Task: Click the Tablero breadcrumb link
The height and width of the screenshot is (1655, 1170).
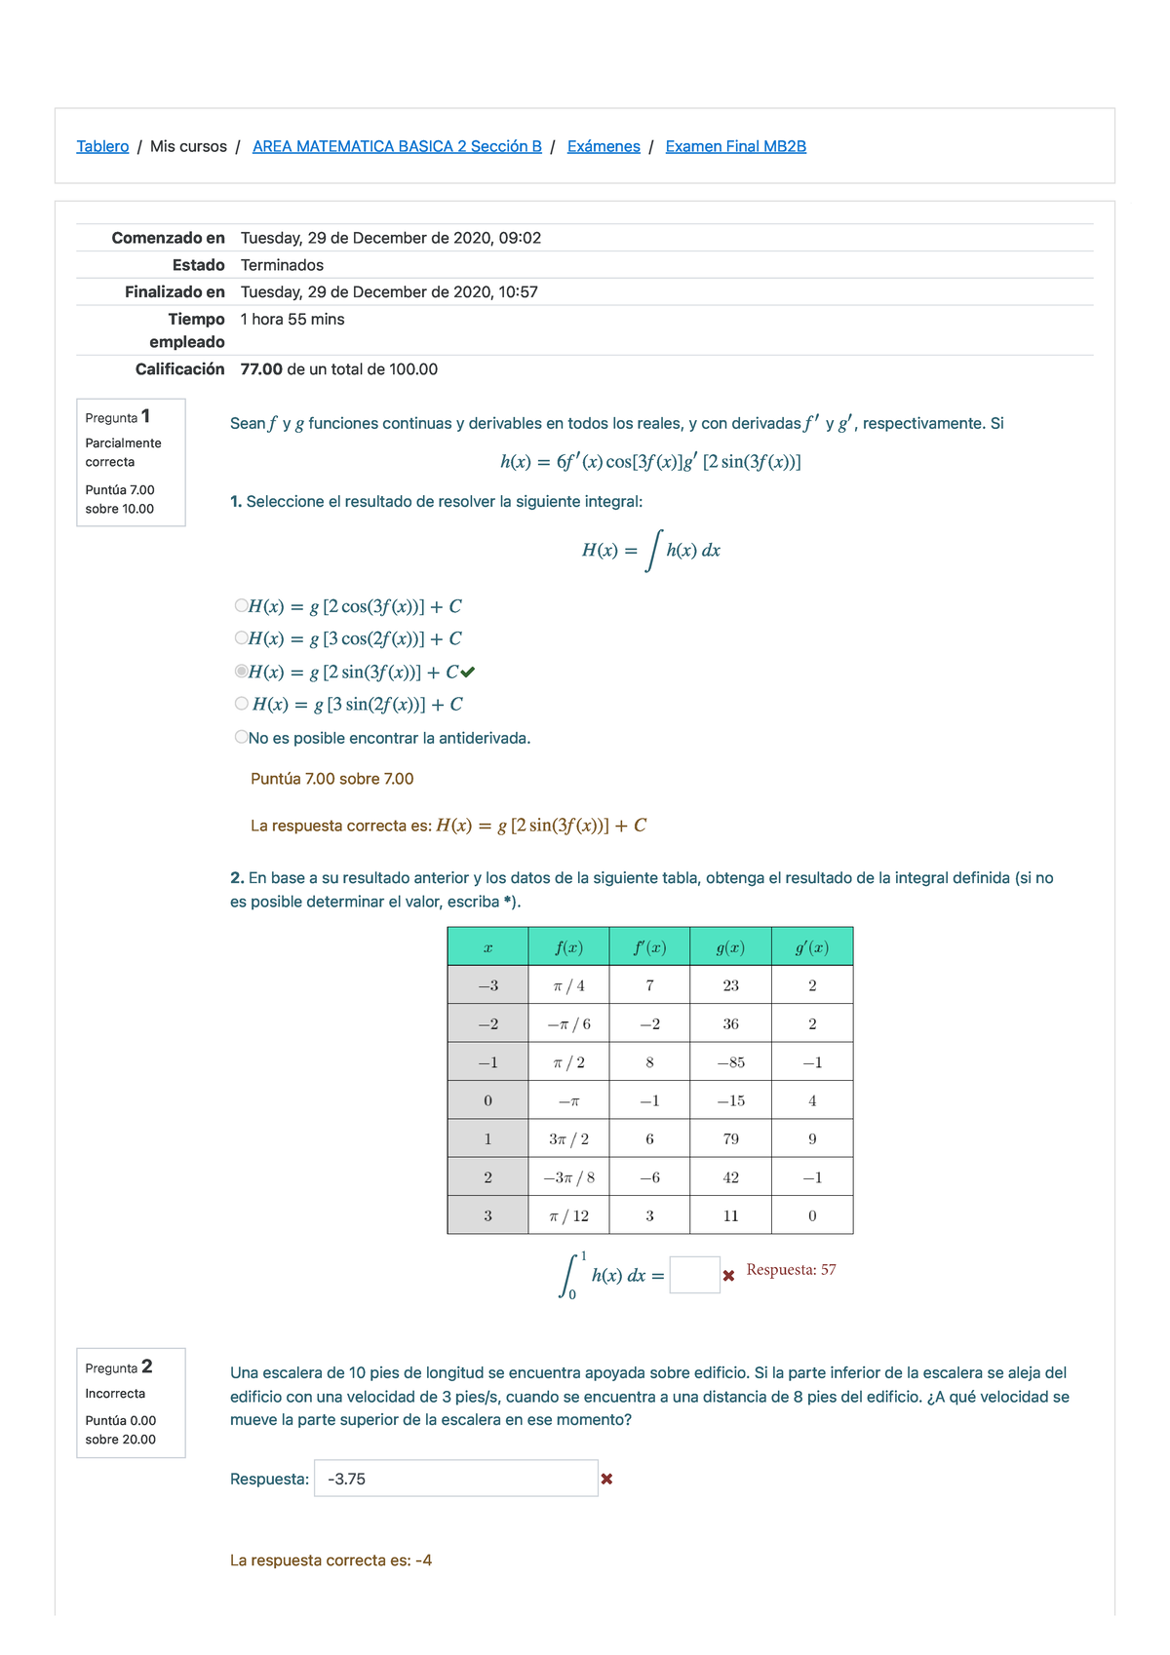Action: pyautogui.click(x=102, y=146)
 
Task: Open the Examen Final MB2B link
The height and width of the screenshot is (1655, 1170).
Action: pyautogui.click(x=735, y=146)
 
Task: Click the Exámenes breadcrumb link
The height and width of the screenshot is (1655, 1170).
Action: pyautogui.click(x=604, y=146)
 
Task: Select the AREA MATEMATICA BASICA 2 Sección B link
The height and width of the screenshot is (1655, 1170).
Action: pyautogui.click(x=397, y=146)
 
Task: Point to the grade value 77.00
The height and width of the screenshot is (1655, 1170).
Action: pyautogui.click(x=261, y=369)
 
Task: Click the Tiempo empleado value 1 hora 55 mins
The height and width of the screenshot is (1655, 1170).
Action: pyautogui.click(x=292, y=320)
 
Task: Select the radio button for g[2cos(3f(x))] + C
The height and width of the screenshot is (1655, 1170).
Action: pyautogui.click(x=242, y=605)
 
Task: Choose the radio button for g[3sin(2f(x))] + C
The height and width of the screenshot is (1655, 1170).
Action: pyautogui.click(x=242, y=703)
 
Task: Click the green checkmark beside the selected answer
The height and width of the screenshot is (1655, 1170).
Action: pyautogui.click(x=468, y=672)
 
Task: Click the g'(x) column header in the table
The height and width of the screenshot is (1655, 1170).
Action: pyautogui.click(x=811, y=947)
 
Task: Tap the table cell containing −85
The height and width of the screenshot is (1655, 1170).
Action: pyautogui.click(x=730, y=1062)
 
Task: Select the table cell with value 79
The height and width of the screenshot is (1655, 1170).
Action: pyautogui.click(x=730, y=1138)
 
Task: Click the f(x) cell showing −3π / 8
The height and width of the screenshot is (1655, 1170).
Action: pyautogui.click(x=568, y=1177)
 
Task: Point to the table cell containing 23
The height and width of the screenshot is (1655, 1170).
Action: pyautogui.click(x=730, y=985)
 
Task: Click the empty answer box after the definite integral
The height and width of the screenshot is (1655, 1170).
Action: pyautogui.click(x=694, y=1275)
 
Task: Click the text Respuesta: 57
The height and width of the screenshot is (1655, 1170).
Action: pyautogui.click(x=791, y=1270)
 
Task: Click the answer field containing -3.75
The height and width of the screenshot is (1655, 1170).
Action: pyautogui.click(x=455, y=1479)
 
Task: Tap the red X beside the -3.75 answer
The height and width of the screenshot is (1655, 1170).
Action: pyautogui.click(x=606, y=1479)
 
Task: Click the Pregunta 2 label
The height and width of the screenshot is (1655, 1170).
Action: pyautogui.click(x=118, y=1367)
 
